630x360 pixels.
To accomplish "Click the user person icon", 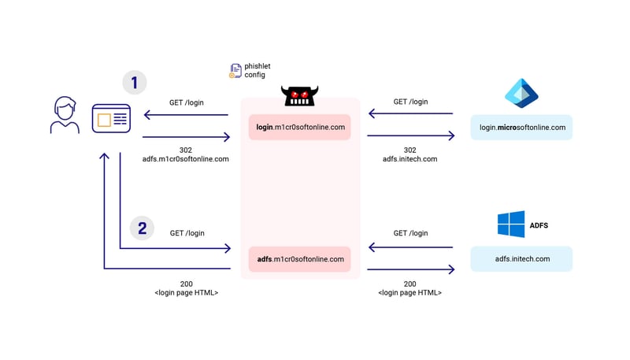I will pyautogui.click(x=64, y=116).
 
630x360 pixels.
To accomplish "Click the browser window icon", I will pyautogui.click(x=111, y=119).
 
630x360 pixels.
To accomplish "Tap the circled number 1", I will pyautogui.click(x=134, y=82).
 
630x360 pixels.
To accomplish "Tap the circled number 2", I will pyautogui.click(x=142, y=228).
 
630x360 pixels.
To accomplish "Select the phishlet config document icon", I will pyautogui.click(x=235, y=71).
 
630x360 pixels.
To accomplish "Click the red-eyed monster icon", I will pyautogui.click(x=299, y=97).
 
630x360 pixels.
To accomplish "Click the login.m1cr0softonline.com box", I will pyautogui.click(x=300, y=127).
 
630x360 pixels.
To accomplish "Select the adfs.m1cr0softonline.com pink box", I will pyautogui.click(x=300, y=259).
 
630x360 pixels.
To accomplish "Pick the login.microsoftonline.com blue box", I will pyautogui.click(x=522, y=127).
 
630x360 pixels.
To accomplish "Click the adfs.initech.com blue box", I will pyautogui.click(x=522, y=259).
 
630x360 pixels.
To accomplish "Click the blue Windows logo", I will pyautogui.click(x=511, y=225).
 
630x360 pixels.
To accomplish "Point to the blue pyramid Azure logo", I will pyautogui.click(x=521, y=94).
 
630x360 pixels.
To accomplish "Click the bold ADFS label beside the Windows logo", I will pyautogui.click(x=539, y=225).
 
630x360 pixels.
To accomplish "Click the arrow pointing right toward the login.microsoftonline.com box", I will pyautogui.click(x=411, y=135).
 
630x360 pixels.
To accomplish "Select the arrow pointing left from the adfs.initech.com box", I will pyautogui.click(x=411, y=247).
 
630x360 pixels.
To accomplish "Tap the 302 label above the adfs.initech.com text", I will pyautogui.click(x=409, y=150).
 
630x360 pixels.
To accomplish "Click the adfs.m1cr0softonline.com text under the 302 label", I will pyautogui.click(x=186, y=159).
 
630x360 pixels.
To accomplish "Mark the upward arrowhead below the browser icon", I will pyautogui.click(x=104, y=157).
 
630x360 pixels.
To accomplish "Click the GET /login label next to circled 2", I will pyautogui.click(x=187, y=233).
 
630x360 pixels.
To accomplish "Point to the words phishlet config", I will pyautogui.click(x=258, y=71).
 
